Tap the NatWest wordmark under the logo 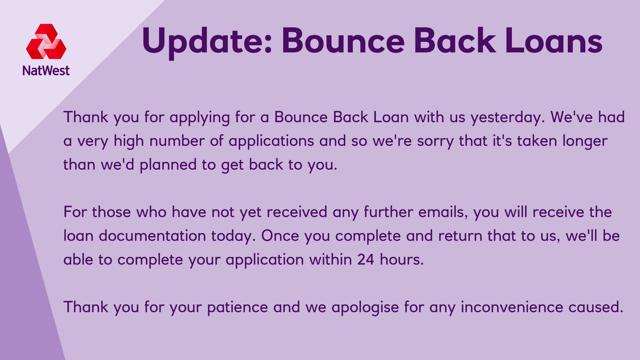pos(46,70)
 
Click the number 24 pos(367,260)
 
